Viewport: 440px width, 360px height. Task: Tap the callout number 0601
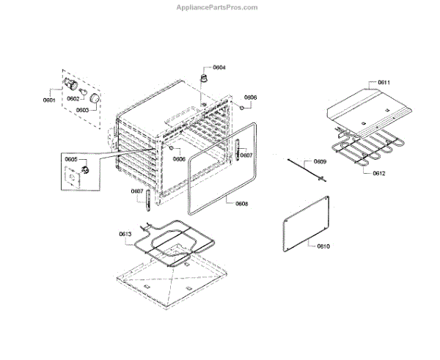click(50, 98)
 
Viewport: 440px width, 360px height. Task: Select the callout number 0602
click(73, 98)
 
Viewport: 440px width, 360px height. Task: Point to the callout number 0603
click(82, 110)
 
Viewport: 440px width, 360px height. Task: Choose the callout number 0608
click(241, 203)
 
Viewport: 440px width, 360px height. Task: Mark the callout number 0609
click(320, 161)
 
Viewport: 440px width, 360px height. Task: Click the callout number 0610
click(323, 246)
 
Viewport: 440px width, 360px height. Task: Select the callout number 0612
click(379, 173)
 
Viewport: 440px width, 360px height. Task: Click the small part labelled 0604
click(203, 77)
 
